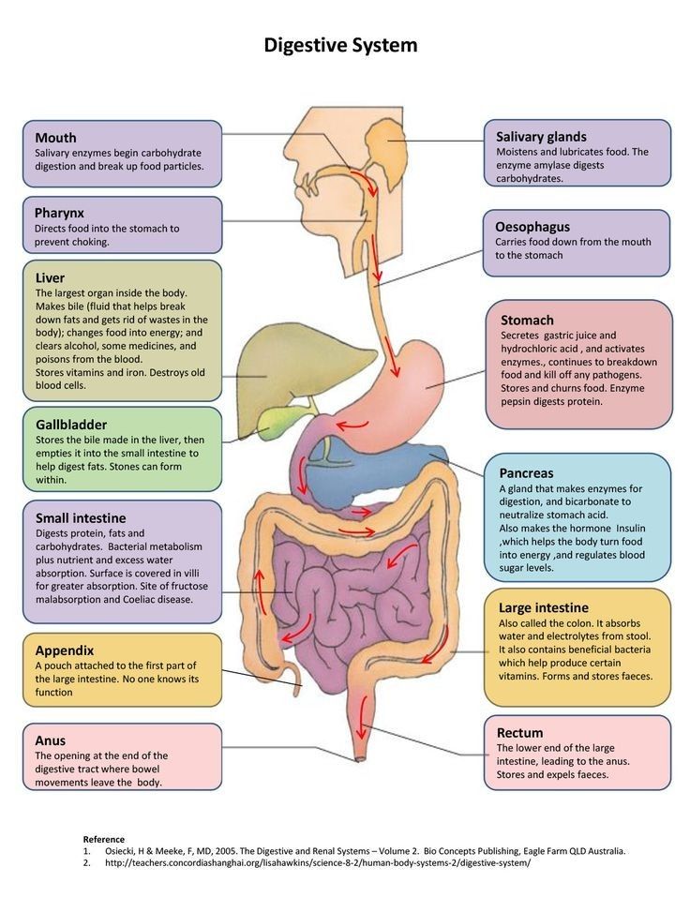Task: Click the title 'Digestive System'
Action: pos(340,45)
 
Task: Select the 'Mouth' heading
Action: pos(56,138)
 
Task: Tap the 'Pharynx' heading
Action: pos(60,213)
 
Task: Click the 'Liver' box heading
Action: pos(50,278)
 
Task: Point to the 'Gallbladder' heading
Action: pos(71,424)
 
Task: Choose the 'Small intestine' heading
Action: pos(81,517)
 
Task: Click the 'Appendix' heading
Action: pos(65,650)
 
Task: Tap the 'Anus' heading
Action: pos(51,740)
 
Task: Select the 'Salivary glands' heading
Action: pos(541,137)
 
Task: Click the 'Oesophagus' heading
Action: pos(532,226)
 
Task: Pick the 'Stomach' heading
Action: pos(527,320)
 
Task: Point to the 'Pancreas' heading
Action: pos(526,473)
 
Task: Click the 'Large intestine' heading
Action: pos(544,607)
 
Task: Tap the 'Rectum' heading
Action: pos(520,732)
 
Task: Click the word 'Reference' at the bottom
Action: pos(103,839)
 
